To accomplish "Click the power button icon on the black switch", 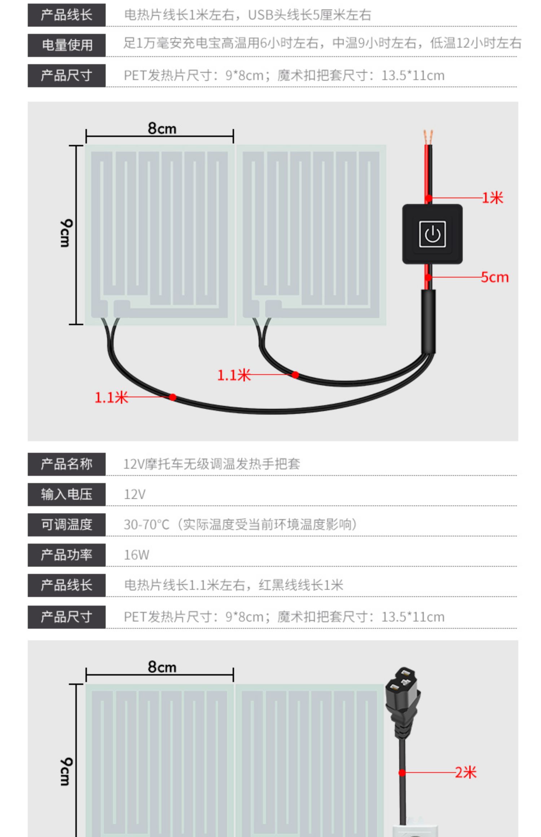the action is pyautogui.click(x=432, y=234).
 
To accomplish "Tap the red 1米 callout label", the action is pyautogui.click(x=493, y=198).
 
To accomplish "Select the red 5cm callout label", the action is pyautogui.click(x=495, y=277).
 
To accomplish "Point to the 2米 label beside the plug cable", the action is pyautogui.click(x=466, y=772).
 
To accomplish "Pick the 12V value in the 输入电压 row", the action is pyautogui.click(x=135, y=494).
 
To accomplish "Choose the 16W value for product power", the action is pyautogui.click(x=136, y=555).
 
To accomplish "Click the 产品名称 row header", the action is pyautogui.click(x=67, y=464).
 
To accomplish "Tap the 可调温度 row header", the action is pyautogui.click(x=67, y=524).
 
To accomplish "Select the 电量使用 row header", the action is pyautogui.click(x=67, y=45).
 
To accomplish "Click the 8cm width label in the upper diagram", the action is pyautogui.click(x=162, y=128).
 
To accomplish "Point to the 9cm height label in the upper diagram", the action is pyautogui.click(x=66, y=233).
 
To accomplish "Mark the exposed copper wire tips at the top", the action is pyautogui.click(x=428, y=137).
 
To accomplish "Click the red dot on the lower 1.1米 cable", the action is pyautogui.click(x=173, y=397).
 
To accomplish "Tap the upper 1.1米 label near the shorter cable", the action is pyautogui.click(x=234, y=375).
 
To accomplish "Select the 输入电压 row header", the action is pyautogui.click(x=67, y=494).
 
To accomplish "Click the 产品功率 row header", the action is pyautogui.click(x=67, y=555).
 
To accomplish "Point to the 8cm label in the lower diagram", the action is pyautogui.click(x=162, y=667).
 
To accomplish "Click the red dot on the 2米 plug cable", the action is pyautogui.click(x=402, y=772).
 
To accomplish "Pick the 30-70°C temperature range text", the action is pyautogui.click(x=146, y=524).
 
